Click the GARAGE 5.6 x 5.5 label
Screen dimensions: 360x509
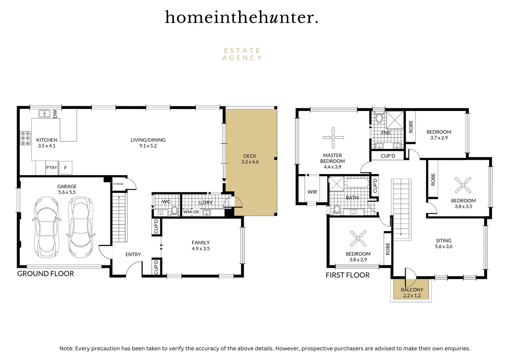(67, 189)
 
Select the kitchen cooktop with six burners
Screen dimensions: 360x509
(25, 138)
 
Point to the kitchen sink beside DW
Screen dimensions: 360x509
(44, 114)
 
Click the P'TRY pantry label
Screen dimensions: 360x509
(51, 168)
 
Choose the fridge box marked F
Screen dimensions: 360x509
(65, 168)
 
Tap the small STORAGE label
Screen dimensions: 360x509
(118, 184)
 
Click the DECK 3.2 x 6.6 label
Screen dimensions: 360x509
(250, 159)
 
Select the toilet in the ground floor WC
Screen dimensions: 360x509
(174, 210)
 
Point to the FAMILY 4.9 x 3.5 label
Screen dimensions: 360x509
(201, 246)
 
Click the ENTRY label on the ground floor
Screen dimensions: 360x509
(133, 254)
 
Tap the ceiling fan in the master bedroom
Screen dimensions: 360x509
(333, 137)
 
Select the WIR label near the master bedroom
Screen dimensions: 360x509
(312, 192)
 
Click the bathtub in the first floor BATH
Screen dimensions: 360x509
(357, 183)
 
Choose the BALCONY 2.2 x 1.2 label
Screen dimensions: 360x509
(412, 292)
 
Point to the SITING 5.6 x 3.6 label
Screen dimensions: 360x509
(443, 243)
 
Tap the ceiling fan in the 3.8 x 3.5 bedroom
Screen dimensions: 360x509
(463, 185)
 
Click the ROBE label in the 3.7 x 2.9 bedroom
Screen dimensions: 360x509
(411, 127)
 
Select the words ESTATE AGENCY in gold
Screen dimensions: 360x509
(242, 54)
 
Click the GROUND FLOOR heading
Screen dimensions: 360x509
(46, 274)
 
